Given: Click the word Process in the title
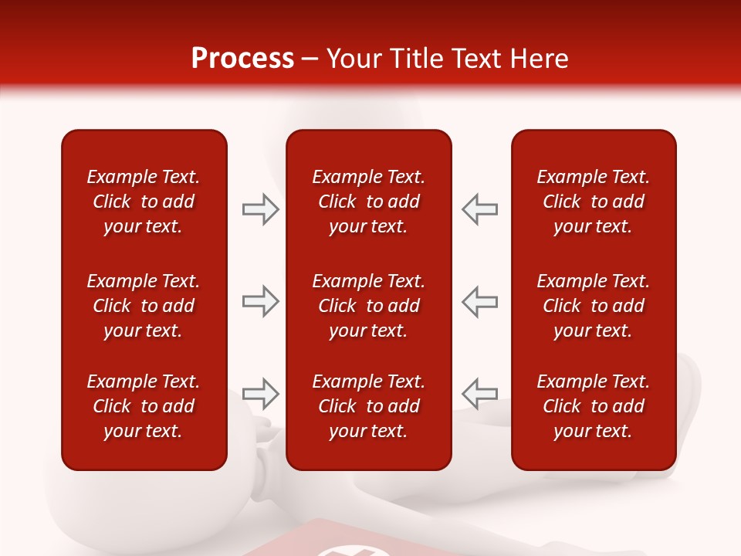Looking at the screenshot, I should pos(242,59).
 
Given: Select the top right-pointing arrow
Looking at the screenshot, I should pos(261,209).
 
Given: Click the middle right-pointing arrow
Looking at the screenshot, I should pos(261,301).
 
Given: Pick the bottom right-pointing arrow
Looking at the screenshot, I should pos(261,393).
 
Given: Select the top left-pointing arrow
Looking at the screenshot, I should pos(480,209).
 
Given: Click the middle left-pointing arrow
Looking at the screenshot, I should pos(480,301).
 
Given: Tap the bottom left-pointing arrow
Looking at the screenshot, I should pos(480,393).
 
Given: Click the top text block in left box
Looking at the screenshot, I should pos(144,202).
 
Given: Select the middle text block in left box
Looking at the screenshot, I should pos(144,306).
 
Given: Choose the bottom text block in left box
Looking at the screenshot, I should pos(144,406).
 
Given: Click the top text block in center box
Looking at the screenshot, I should pos(369,202).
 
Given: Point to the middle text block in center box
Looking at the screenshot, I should pos(369,306).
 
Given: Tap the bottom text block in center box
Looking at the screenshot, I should pos(369,406).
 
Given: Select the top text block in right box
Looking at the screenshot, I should pos(594,202).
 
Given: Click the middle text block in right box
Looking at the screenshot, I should pos(594,306).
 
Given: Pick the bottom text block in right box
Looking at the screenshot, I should pos(594,406).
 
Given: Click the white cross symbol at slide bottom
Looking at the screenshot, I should pos(338,551).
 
